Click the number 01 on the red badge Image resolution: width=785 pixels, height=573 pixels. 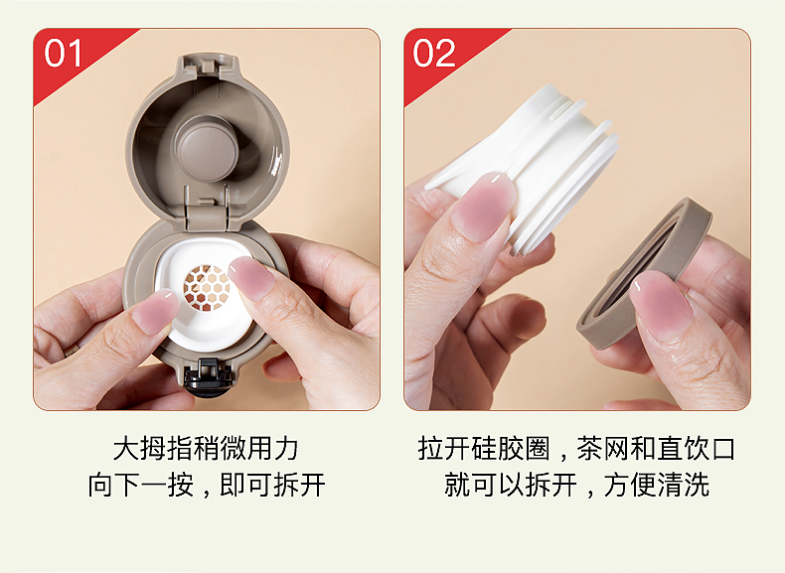point(63,53)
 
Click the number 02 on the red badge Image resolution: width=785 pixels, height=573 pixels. point(434,53)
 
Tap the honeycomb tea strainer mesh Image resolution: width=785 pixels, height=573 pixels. point(207,288)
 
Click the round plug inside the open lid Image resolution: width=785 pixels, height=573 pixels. point(207,149)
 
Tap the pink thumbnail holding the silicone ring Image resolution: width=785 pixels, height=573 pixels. point(661,305)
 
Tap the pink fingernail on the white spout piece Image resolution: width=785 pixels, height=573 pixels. point(483,206)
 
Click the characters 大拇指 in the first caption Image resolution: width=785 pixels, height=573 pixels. point(153,448)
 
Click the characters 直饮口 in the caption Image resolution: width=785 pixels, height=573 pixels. point(695,448)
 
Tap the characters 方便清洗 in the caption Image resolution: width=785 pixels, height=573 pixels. point(657,485)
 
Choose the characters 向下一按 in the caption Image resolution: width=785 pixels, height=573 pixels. point(141,485)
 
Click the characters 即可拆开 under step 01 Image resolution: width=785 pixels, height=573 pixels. point(273,485)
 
